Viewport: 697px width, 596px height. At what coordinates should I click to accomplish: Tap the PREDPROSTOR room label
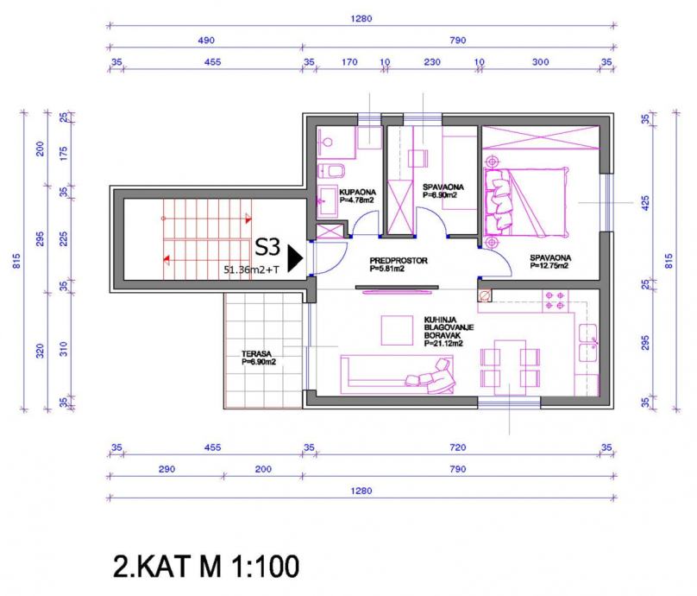399,264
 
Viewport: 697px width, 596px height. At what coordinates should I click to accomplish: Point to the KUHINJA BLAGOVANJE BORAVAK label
449,332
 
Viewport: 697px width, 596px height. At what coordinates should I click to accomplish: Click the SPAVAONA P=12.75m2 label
550,262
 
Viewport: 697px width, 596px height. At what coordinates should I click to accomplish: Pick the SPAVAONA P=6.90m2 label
443,191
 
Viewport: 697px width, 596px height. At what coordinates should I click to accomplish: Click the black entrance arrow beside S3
295,258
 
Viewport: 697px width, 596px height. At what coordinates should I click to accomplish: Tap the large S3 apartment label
267,247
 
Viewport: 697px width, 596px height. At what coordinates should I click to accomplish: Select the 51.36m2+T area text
251,269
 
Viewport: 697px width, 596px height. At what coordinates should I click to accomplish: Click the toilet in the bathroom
332,171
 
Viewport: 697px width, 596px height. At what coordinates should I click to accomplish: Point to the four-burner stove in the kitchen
555,301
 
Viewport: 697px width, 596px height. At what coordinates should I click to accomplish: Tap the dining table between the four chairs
510,368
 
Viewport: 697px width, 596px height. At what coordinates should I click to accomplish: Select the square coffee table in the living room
397,330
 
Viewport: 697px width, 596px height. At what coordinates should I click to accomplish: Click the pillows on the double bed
498,200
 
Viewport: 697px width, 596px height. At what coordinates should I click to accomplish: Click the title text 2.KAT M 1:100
206,566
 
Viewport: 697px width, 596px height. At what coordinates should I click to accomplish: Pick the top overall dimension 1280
361,19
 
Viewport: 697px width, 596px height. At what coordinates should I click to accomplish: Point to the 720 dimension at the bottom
458,447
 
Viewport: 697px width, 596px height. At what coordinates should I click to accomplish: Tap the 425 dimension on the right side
646,203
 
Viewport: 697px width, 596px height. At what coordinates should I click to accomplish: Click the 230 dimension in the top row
432,62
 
